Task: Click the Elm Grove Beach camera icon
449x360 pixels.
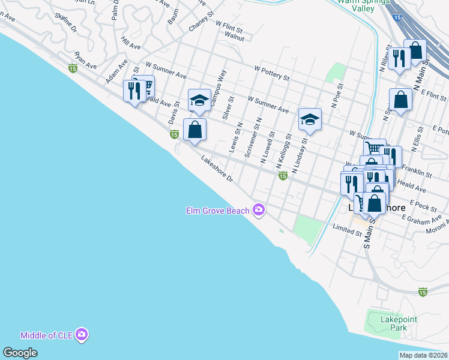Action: click(x=259, y=209)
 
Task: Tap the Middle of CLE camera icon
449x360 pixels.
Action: click(x=82, y=335)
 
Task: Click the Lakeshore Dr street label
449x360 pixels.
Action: click(x=217, y=170)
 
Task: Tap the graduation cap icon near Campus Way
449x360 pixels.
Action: click(x=200, y=100)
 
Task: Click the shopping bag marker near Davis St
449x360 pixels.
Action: click(x=194, y=129)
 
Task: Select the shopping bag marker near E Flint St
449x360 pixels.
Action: click(x=400, y=99)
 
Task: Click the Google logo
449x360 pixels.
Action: click(x=20, y=353)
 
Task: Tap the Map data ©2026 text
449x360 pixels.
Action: click(x=423, y=355)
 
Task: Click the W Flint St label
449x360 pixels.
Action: click(x=229, y=26)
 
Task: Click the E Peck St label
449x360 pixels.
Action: click(x=423, y=205)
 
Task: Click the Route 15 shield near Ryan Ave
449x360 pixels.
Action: click(x=73, y=69)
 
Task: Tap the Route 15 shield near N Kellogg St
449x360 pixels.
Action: click(x=282, y=175)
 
